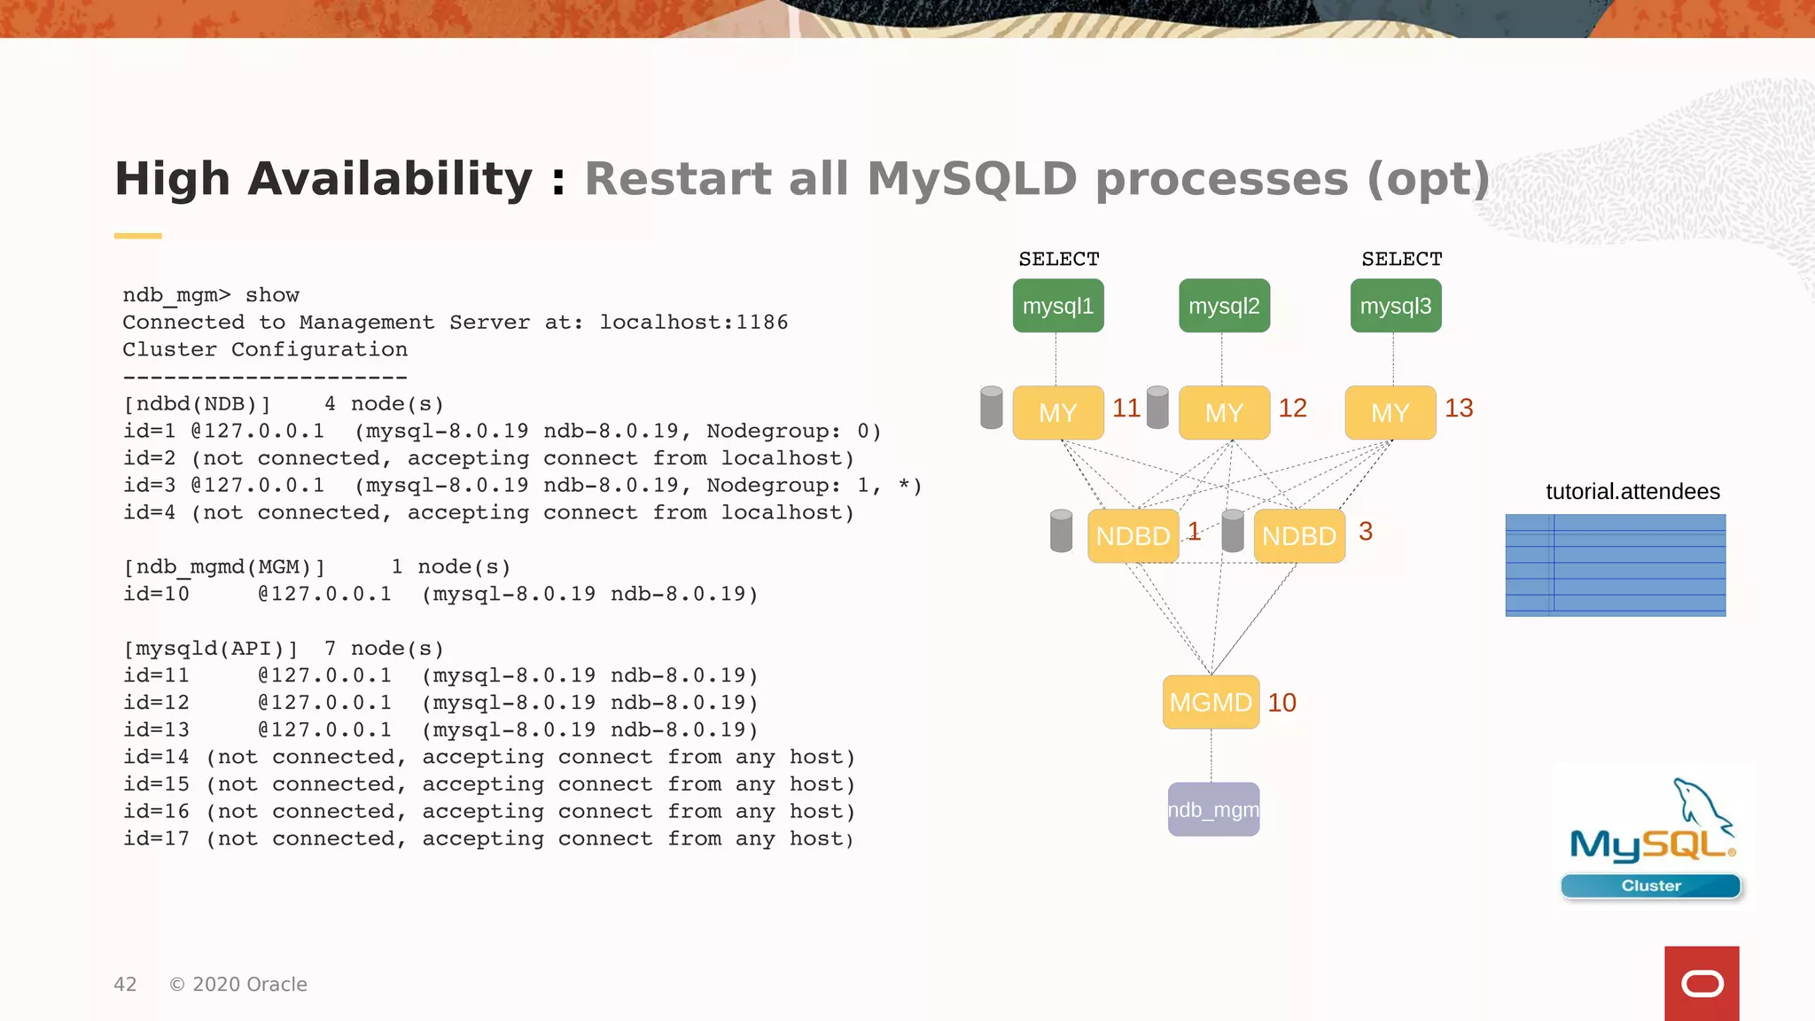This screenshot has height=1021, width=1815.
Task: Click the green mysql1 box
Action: pyautogui.click(x=1058, y=306)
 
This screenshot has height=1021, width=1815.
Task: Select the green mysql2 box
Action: pyautogui.click(x=1224, y=306)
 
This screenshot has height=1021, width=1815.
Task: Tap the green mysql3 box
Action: pyautogui.click(x=1396, y=306)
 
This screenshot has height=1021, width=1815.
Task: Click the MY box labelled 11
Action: pyautogui.click(x=1058, y=413)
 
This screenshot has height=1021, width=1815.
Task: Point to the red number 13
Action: pyautogui.click(x=1459, y=409)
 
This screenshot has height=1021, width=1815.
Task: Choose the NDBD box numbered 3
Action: pyautogui.click(x=1299, y=536)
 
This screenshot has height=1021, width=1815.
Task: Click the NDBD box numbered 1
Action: pyautogui.click(x=1133, y=536)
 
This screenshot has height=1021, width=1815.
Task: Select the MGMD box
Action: pyautogui.click(x=1211, y=703)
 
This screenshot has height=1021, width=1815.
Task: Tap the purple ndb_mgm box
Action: pyautogui.click(x=1213, y=810)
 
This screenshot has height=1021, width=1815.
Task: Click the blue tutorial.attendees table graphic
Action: pyautogui.click(x=1615, y=565)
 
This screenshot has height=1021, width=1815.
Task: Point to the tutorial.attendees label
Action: pyautogui.click(x=1632, y=492)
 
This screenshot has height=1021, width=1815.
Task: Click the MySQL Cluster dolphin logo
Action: pyautogui.click(x=1652, y=838)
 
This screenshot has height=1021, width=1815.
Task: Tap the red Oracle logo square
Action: pyautogui.click(x=1702, y=984)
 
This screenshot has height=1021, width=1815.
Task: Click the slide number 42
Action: pyautogui.click(x=125, y=985)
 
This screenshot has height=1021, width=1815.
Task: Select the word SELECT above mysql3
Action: pyautogui.click(x=1402, y=260)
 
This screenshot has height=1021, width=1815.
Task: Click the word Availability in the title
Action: pyautogui.click(x=390, y=180)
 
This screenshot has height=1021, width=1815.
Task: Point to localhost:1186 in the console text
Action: pyautogui.click(x=693, y=323)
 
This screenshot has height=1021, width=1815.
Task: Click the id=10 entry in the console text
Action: pyautogui.click(x=156, y=594)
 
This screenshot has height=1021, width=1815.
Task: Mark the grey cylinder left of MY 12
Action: pyautogui.click(x=1157, y=408)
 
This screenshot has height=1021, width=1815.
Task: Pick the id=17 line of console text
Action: pyautogui.click(x=487, y=839)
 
